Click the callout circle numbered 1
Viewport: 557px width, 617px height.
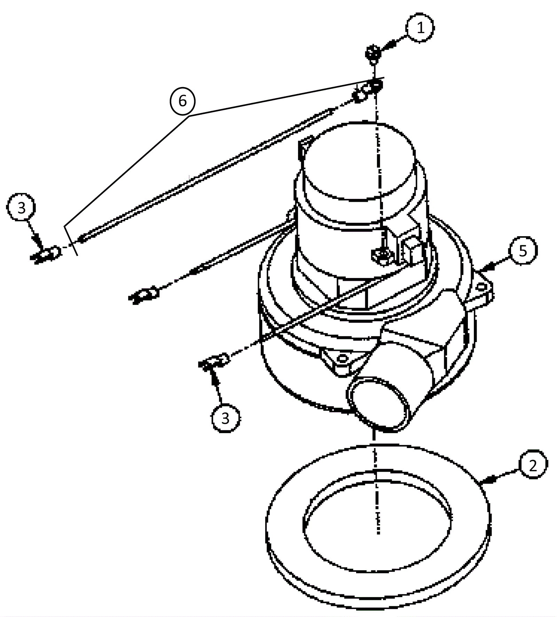pos(420,28)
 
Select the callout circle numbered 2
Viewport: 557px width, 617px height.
pos(533,464)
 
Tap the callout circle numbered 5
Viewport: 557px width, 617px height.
pos(523,250)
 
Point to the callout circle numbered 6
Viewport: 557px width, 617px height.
pos(182,101)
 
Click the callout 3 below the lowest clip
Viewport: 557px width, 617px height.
pos(226,418)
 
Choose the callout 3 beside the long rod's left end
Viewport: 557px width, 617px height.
pos(21,208)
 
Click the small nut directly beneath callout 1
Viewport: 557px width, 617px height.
pos(372,53)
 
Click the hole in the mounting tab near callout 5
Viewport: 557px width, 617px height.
pos(481,286)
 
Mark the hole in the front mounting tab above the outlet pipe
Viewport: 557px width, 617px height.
pos(343,358)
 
